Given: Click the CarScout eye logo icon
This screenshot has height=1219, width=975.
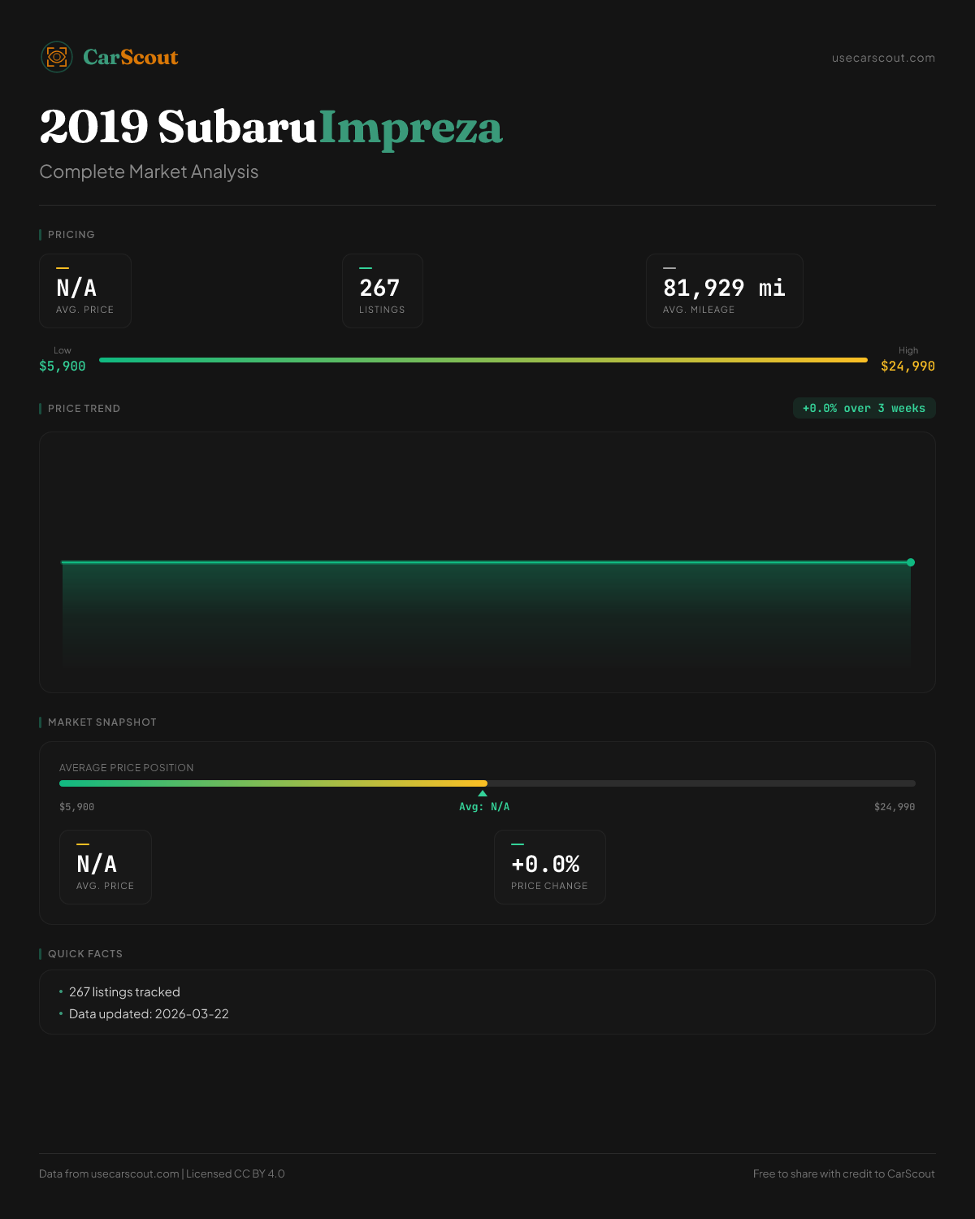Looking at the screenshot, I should tap(57, 57).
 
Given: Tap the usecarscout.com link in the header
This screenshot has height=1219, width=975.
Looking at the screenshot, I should tap(883, 58).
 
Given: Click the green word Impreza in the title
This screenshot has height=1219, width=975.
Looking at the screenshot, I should tap(410, 128).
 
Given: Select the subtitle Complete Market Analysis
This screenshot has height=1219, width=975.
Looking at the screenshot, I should tap(149, 171).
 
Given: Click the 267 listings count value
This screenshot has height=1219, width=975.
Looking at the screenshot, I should tap(379, 288).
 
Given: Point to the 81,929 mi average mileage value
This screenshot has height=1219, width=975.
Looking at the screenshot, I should tap(724, 288).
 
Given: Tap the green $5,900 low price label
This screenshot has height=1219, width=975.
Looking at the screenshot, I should tap(63, 367).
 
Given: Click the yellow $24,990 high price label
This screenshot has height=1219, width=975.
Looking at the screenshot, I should tap(908, 367).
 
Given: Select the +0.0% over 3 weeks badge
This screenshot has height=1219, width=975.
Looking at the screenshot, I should tap(864, 409).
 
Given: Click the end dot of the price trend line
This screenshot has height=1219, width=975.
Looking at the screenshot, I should tap(911, 562).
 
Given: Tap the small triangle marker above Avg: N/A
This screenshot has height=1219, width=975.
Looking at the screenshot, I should tap(483, 793).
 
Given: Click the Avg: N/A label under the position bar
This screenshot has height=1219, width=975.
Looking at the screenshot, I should tap(484, 807).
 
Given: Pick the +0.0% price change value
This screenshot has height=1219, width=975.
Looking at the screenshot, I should tap(545, 864).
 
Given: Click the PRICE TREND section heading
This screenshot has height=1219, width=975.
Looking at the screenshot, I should tap(84, 409).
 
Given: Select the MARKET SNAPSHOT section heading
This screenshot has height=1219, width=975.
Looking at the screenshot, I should tap(102, 722).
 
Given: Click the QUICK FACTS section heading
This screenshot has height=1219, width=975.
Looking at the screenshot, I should tap(84, 954).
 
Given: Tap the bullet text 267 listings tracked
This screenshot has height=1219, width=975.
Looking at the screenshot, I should tap(124, 992).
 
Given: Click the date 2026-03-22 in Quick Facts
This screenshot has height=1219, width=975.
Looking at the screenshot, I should tap(192, 1014).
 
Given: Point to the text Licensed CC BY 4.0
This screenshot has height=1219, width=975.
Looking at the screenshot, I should tap(236, 1173).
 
